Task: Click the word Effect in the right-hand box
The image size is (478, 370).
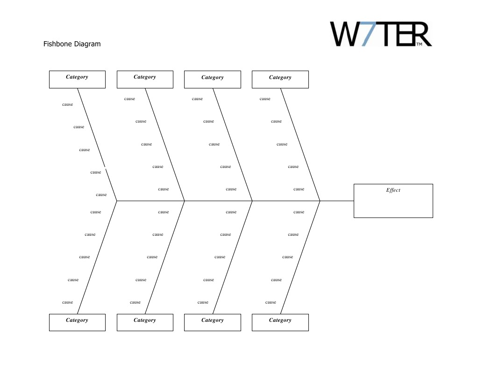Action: point(393,190)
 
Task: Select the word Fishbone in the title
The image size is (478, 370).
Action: point(58,44)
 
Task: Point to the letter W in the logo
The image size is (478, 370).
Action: point(346,34)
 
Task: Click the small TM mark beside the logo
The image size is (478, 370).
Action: point(419,44)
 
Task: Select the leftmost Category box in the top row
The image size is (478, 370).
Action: point(77,79)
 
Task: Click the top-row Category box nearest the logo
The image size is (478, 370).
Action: point(280,79)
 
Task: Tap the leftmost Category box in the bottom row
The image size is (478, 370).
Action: point(77,322)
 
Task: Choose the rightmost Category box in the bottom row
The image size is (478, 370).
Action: point(280,322)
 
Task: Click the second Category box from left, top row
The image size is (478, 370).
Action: point(145,79)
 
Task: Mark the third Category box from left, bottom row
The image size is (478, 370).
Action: point(213,322)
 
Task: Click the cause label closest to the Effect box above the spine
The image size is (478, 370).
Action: point(299,189)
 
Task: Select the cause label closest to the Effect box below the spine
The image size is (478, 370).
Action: point(299,212)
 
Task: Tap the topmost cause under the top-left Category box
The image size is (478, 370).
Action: point(67,104)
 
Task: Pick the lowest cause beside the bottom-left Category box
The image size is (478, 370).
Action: point(67,302)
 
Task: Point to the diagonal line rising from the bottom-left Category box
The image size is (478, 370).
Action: point(97,257)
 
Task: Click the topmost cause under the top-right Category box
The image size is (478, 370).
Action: point(265,99)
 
